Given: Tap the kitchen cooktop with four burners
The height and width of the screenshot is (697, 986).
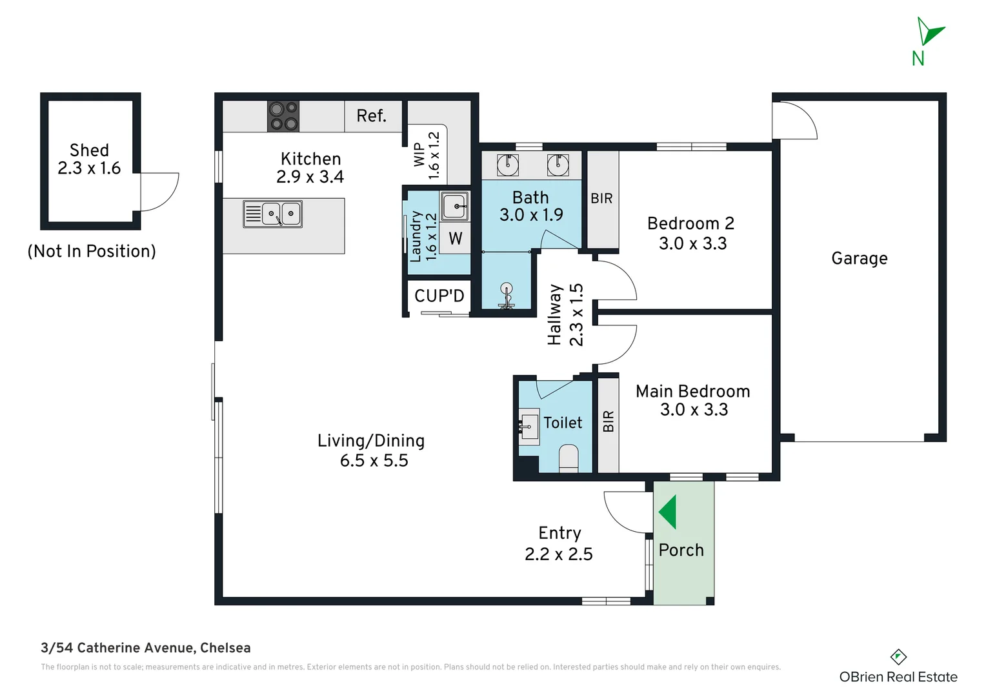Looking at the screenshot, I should click(x=283, y=116).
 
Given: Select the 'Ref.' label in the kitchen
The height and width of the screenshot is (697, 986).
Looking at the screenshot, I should click(x=371, y=116).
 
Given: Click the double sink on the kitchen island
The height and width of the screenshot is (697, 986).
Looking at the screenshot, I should click(x=272, y=214).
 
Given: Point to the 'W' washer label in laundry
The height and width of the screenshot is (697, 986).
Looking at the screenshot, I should click(x=456, y=239).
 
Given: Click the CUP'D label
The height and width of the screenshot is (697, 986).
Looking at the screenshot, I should click(x=439, y=296).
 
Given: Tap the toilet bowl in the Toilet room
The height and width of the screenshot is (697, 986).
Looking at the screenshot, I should click(x=568, y=458).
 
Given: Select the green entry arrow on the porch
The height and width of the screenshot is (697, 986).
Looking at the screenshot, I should click(x=668, y=512).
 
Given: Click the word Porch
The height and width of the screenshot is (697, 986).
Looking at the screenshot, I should click(x=681, y=551).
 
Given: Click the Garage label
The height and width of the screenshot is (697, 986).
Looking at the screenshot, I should click(x=859, y=259).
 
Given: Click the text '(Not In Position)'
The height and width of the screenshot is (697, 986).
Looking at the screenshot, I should click(x=92, y=251).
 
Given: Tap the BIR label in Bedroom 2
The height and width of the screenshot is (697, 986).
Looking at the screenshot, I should click(x=601, y=199).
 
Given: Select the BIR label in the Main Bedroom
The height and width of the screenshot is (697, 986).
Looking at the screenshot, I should click(x=608, y=421).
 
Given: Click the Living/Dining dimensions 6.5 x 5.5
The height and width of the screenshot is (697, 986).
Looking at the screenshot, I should click(x=374, y=461).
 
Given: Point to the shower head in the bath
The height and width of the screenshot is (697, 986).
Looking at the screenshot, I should click(x=507, y=290).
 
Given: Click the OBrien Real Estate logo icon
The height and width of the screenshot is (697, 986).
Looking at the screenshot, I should click(x=898, y=657).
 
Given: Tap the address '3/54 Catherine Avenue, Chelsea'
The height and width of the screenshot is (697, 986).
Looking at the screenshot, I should click(x=146, y=648).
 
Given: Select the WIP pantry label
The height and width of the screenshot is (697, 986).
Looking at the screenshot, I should click(x=419, y=155).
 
